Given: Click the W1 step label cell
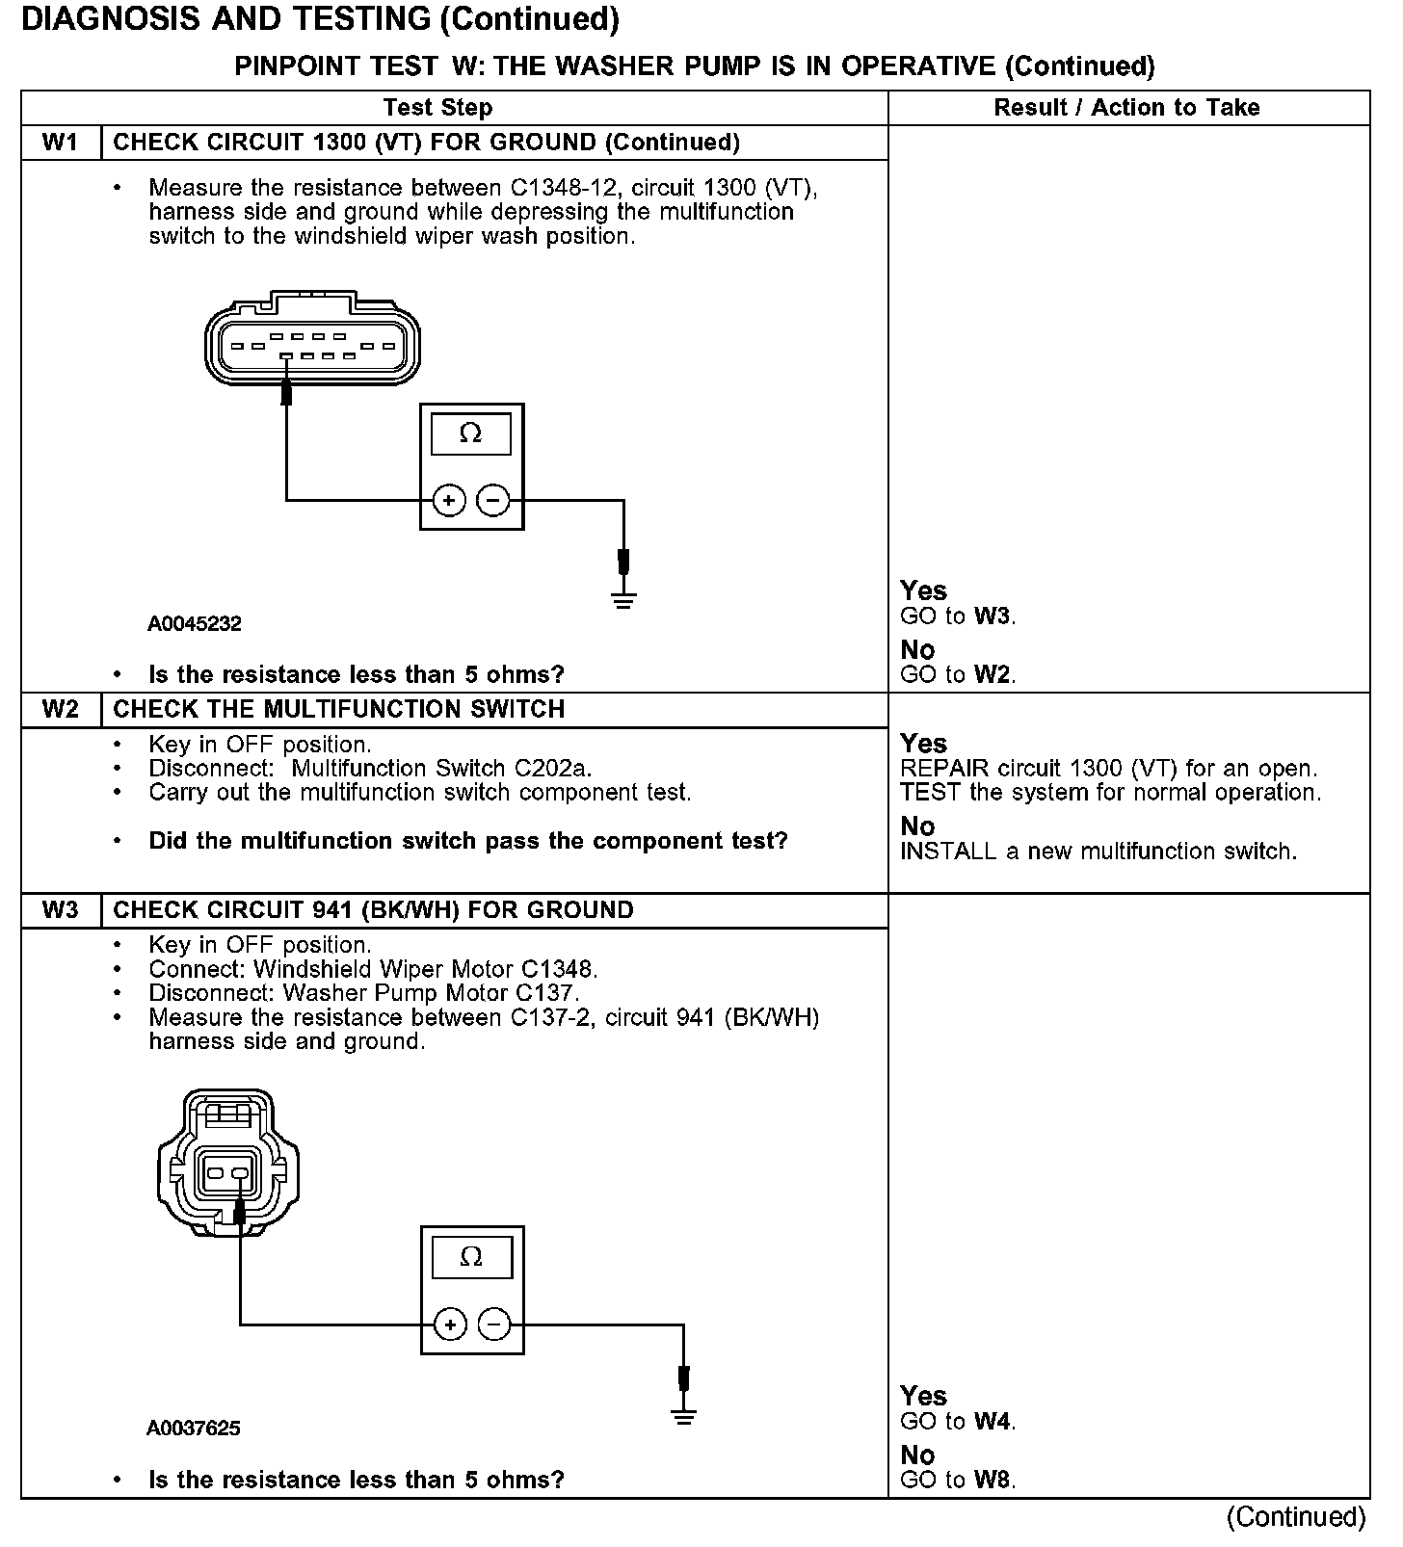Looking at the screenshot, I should (x=60, y=143).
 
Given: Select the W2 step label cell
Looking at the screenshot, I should (x=60, y=710).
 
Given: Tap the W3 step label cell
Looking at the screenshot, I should (x=60, y=910).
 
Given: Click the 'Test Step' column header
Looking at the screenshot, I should (x=437, y=108).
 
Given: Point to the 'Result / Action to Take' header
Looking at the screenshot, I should (x=1126, y=108).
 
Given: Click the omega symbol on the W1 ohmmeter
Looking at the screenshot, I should (x=471, y=434).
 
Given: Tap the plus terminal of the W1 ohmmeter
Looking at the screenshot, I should (x=449, y=501).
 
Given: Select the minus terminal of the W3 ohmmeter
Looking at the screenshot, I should (x=494, y=1324).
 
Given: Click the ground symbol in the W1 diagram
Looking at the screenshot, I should (x=624, y=601).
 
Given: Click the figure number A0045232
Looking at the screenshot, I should (x=194, y=624).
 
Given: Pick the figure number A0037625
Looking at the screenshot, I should (x=194, y=1429).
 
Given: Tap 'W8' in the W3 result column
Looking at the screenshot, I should (x=993, y=1480).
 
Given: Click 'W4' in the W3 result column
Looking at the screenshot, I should (x=993, y=1422).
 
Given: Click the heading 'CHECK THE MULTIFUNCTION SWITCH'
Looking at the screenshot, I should (x=339, y=710).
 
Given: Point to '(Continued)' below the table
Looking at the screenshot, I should (x=1296, y=1518).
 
